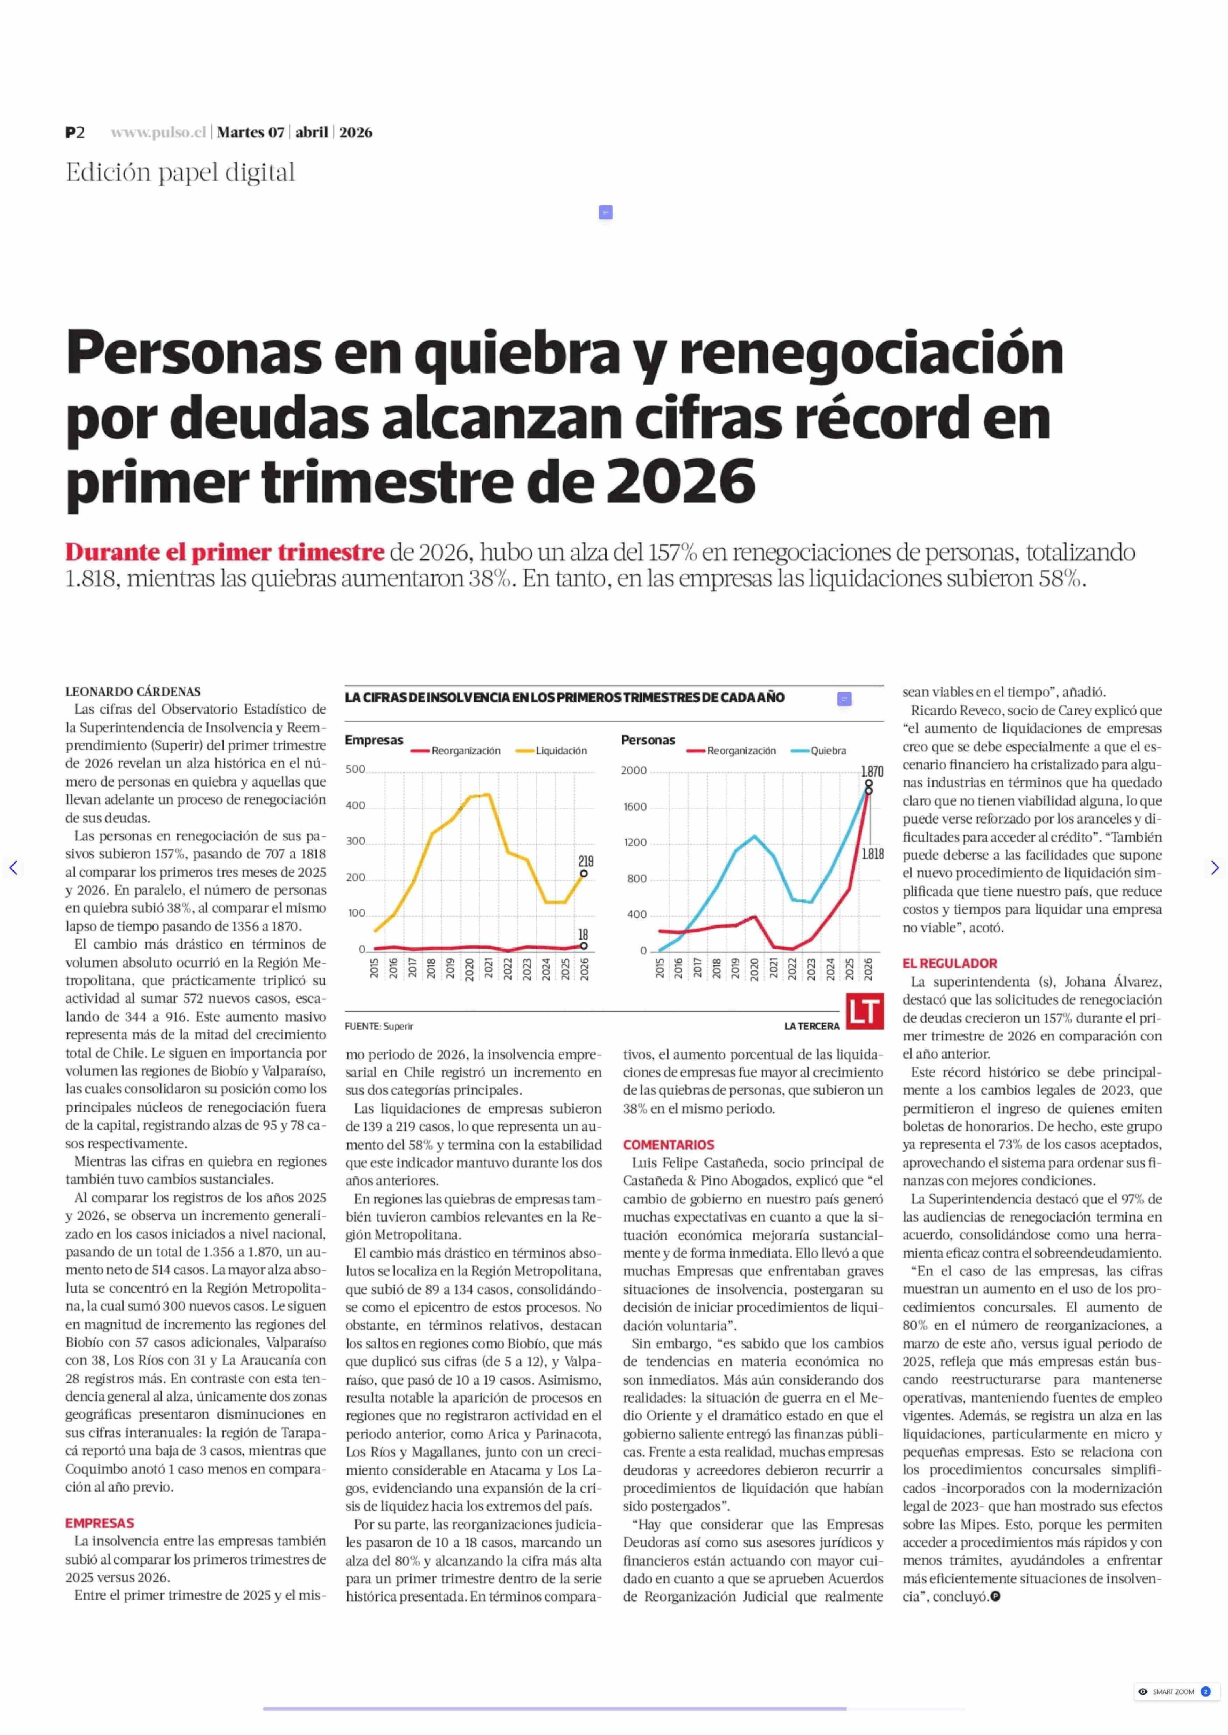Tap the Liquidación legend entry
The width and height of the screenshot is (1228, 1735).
click(x=560, y=751)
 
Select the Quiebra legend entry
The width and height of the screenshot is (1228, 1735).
click(x=828, y=751)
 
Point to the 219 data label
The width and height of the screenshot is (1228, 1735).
click(x=585, y=861)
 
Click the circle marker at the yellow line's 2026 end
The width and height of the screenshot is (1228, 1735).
click(x=584, y=874)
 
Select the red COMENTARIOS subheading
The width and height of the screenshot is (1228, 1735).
click(x=669, y=1145)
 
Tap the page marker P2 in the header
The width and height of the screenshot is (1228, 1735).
click(x=75, y=132)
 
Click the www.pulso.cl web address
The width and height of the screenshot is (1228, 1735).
click(x=158, y=132)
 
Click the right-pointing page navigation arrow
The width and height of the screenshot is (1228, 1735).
click(x=1214, y=868)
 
